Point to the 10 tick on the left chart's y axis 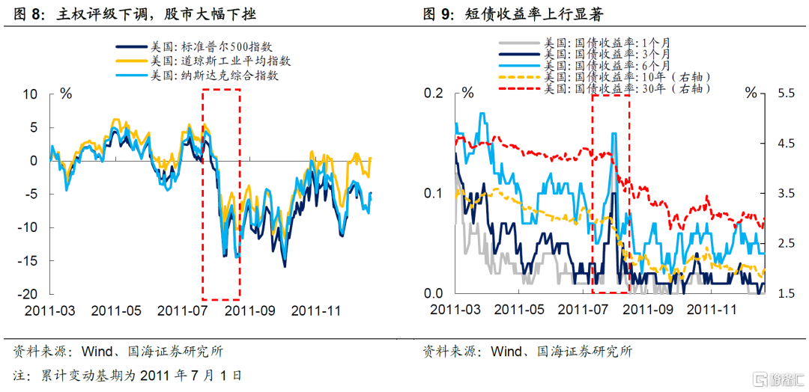click(x=31, y=94)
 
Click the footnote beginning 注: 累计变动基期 click(x=127, y=375)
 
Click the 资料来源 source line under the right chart click(x=527, y=351)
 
